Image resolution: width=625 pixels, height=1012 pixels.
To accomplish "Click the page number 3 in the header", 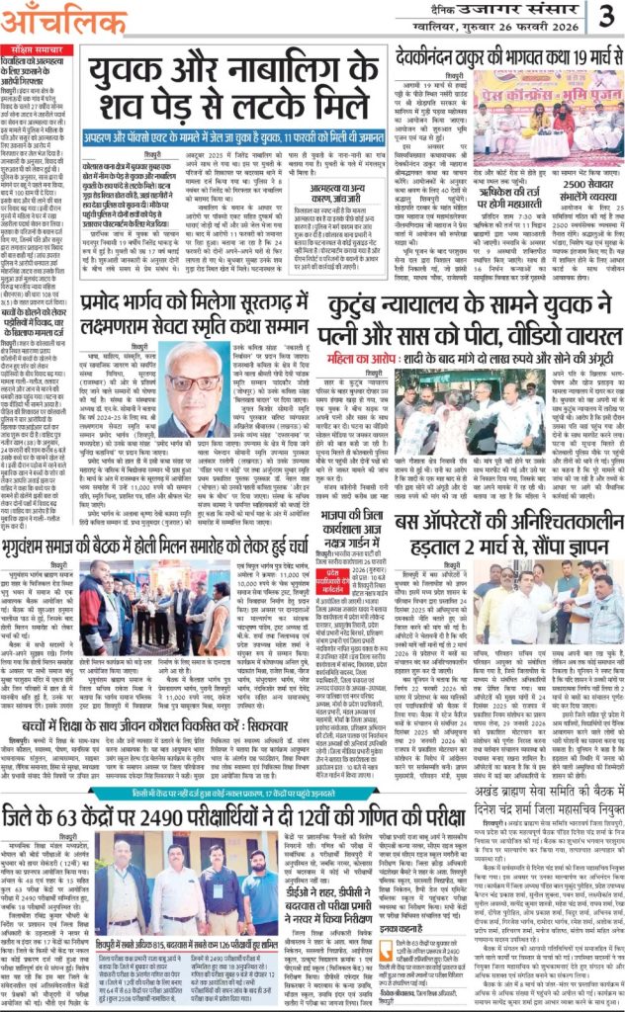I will click(x=603, y=16).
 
